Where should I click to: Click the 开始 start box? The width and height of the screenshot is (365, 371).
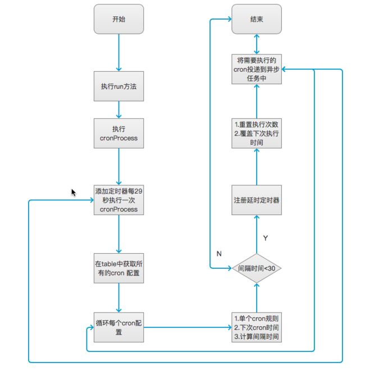click(118, 19)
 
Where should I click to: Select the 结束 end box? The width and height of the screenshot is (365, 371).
click(257, 19)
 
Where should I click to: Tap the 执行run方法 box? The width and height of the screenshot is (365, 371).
click(118, 86)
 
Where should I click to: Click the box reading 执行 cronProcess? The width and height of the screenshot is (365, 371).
click(118, 134)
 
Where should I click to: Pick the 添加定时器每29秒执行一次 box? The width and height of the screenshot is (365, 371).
click(118, 200)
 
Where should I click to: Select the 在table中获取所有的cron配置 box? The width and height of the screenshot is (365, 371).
click(118, 268)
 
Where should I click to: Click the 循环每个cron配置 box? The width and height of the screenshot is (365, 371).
click(118, 327)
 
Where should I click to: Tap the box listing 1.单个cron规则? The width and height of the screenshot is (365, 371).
click(257, 327)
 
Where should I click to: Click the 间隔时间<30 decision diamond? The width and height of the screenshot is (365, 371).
click(257, 268)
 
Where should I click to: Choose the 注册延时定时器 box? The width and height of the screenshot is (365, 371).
click(257, 200)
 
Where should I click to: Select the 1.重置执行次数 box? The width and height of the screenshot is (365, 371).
click(257, 134)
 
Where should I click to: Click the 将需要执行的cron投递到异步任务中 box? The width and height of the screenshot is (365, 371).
click(257, 69)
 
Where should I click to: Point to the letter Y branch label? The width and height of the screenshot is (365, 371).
click(266, 238)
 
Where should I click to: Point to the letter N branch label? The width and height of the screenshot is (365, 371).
click(219, 254)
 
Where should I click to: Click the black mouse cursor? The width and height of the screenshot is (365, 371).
click(74, 193)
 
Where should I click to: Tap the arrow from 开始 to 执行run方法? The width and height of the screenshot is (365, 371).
click(119, 53)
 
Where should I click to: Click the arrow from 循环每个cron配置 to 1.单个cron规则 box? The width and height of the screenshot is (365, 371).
click(188, 327)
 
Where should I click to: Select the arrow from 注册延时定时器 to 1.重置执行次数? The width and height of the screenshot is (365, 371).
click(257, 167)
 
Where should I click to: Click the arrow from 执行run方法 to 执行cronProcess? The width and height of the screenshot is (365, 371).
click(119, 110)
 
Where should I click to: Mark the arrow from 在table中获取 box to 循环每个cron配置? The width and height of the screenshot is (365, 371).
click(119, 297)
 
